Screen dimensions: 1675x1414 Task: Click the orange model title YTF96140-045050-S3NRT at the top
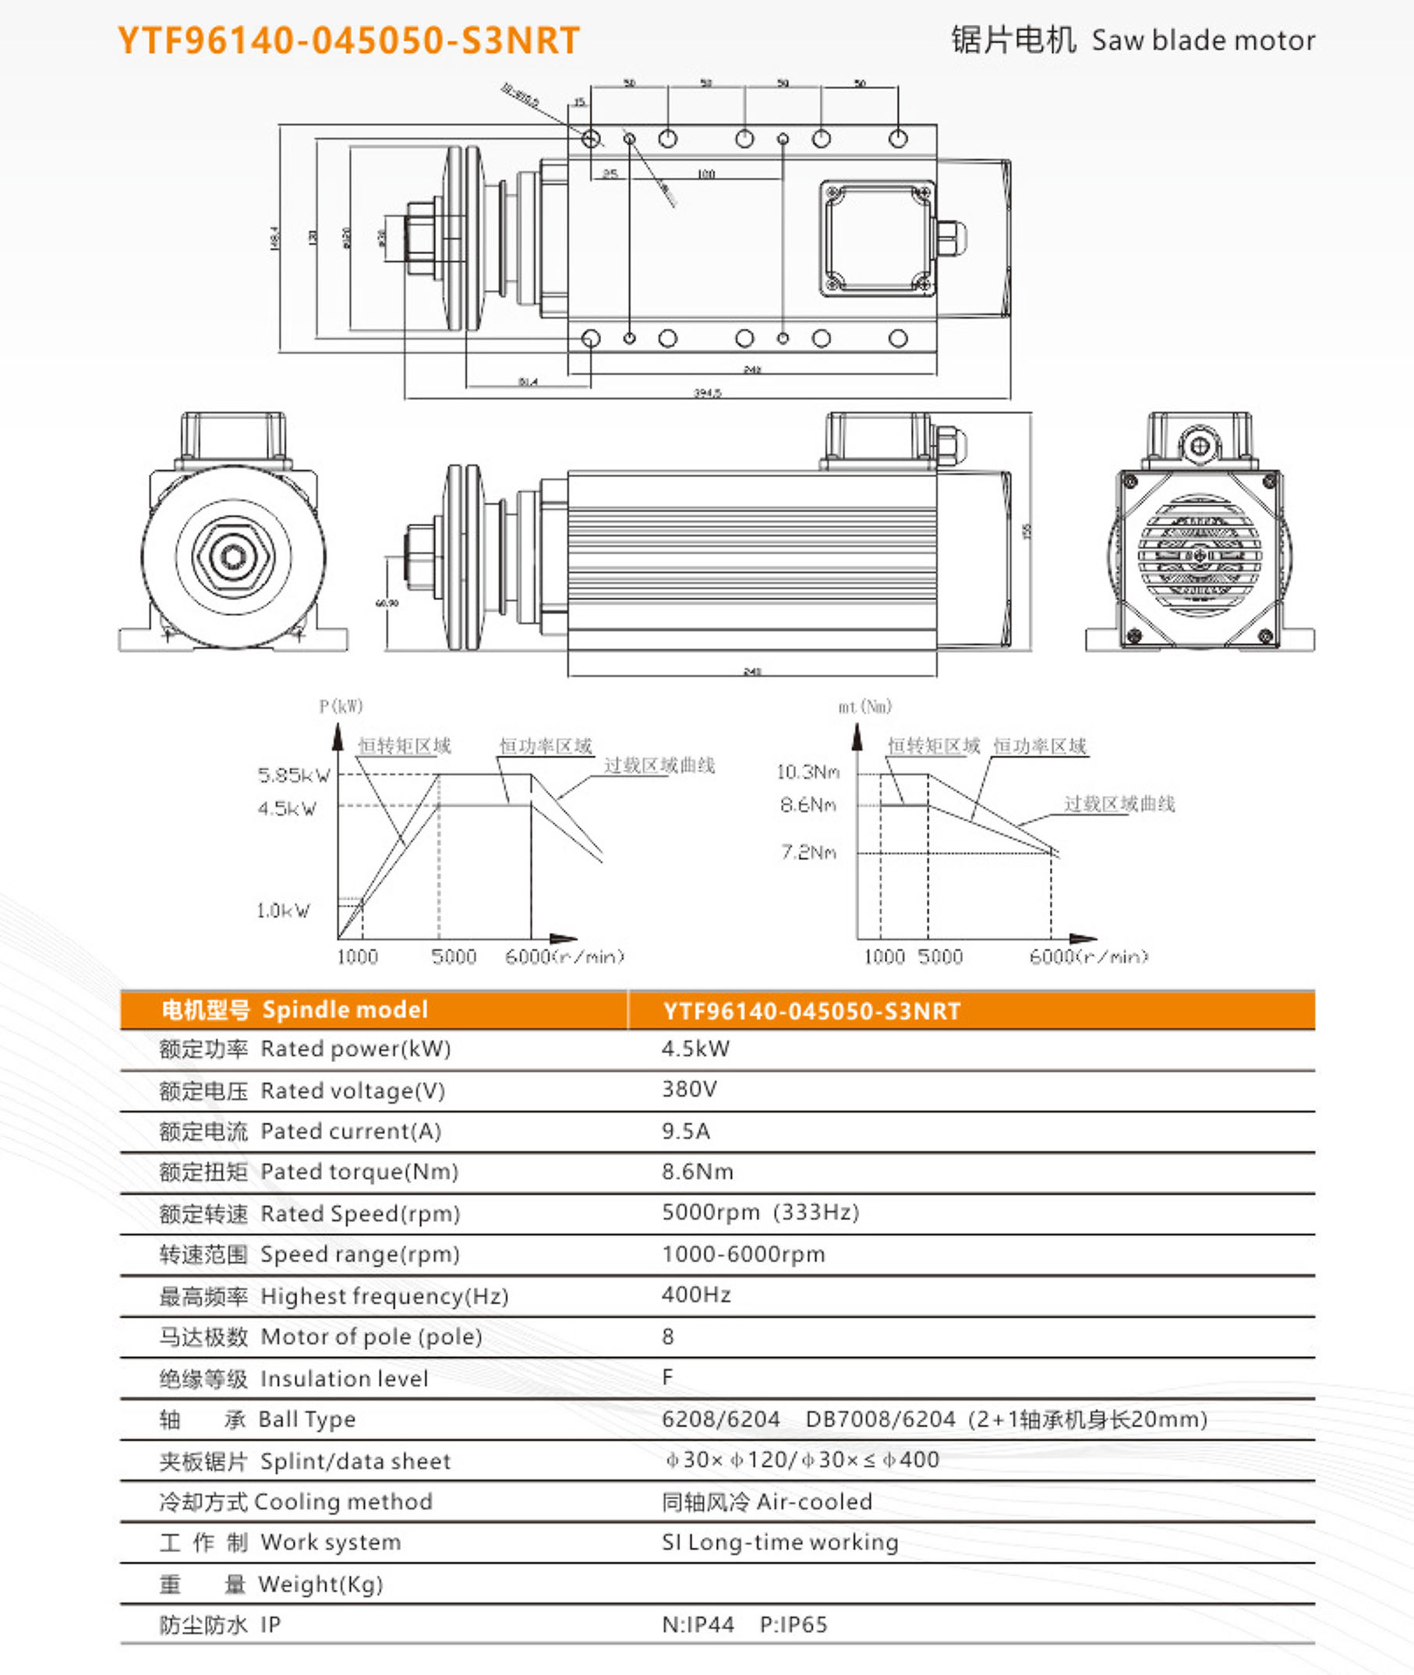pyautogui.click(x=348, y=40)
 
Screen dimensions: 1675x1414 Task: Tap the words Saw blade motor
pyautogui.click(x=1203, y=40)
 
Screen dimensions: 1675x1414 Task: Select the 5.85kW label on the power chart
pyautogui.click(x=293, y=775)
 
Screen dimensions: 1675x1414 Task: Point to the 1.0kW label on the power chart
pyautogui.click(x=282, y=910)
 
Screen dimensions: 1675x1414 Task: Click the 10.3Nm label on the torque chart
pyautogui.click(x=808, y=772)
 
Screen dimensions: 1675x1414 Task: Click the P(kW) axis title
pyautogui.click(x=341, y=706)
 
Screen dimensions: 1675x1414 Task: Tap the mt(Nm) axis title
pyautogui.click(x=864, y=706)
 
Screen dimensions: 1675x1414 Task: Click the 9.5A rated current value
pyautogui.click(x=685, y=1131)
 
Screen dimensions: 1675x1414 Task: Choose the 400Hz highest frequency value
pyautogui.click(x=696, y=1295)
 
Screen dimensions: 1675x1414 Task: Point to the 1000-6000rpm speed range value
pyautogui.click(x=742, y=1253)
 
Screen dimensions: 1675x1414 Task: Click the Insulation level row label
pyautogui.click(x=344, y=1379)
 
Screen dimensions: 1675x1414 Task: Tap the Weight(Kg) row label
pyautogui.click(x=320, y=1584)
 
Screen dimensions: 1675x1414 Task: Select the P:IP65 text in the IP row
pyautogui.click(x=793, y=1624)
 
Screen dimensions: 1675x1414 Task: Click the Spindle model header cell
pyautogui.click(x=345, y=1010)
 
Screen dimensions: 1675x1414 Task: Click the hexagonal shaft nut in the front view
pyautogui.click(x=233, y=555)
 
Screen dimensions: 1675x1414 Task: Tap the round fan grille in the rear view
pyautogui.click(x=1199, y=555)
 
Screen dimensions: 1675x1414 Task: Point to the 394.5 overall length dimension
pyautogui.click(x=706, y=393)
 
